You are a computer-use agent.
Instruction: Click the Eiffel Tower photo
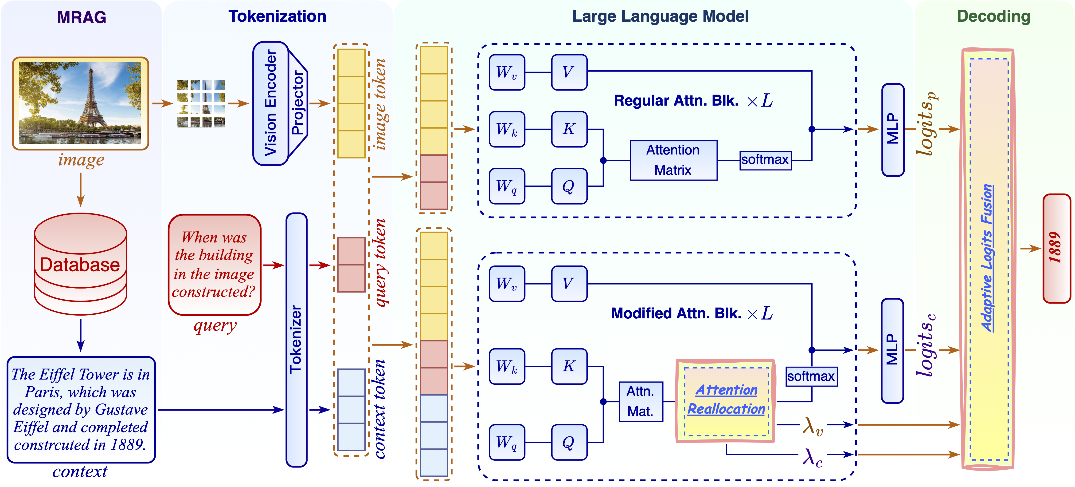[x=80, y=103]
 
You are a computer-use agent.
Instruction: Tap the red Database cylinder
[x=80, y=264]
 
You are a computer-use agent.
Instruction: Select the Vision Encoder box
[x=270, y=103]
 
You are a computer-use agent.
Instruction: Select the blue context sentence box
[x=81, y=409]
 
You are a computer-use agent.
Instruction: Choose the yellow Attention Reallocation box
[x=726, y=400]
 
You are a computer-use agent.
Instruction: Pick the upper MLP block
[x=893, y=130]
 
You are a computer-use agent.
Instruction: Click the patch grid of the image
[x=201, y=103]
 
